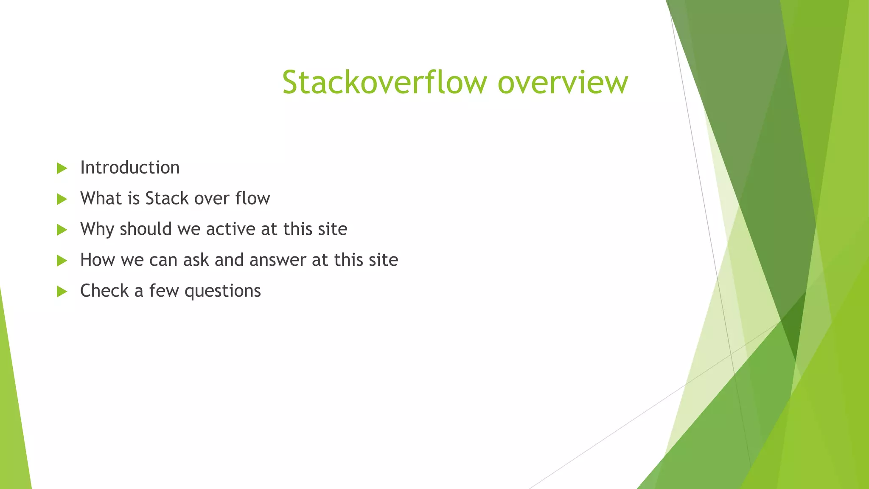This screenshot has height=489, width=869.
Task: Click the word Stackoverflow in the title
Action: [x=384, y=82]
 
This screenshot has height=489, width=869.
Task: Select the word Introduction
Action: [x=130, y=168]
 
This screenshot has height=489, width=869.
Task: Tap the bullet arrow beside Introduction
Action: [x=62, y=169]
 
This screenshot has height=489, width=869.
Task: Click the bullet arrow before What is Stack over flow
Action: [x=62, y=199]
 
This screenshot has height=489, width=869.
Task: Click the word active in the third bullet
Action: [x=230, y=229]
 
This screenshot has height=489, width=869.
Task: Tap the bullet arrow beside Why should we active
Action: [x=62, y=230]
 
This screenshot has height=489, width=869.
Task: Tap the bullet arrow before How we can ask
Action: [x=62, y=261]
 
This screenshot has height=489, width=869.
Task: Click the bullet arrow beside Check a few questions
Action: [x=62, y=292]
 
